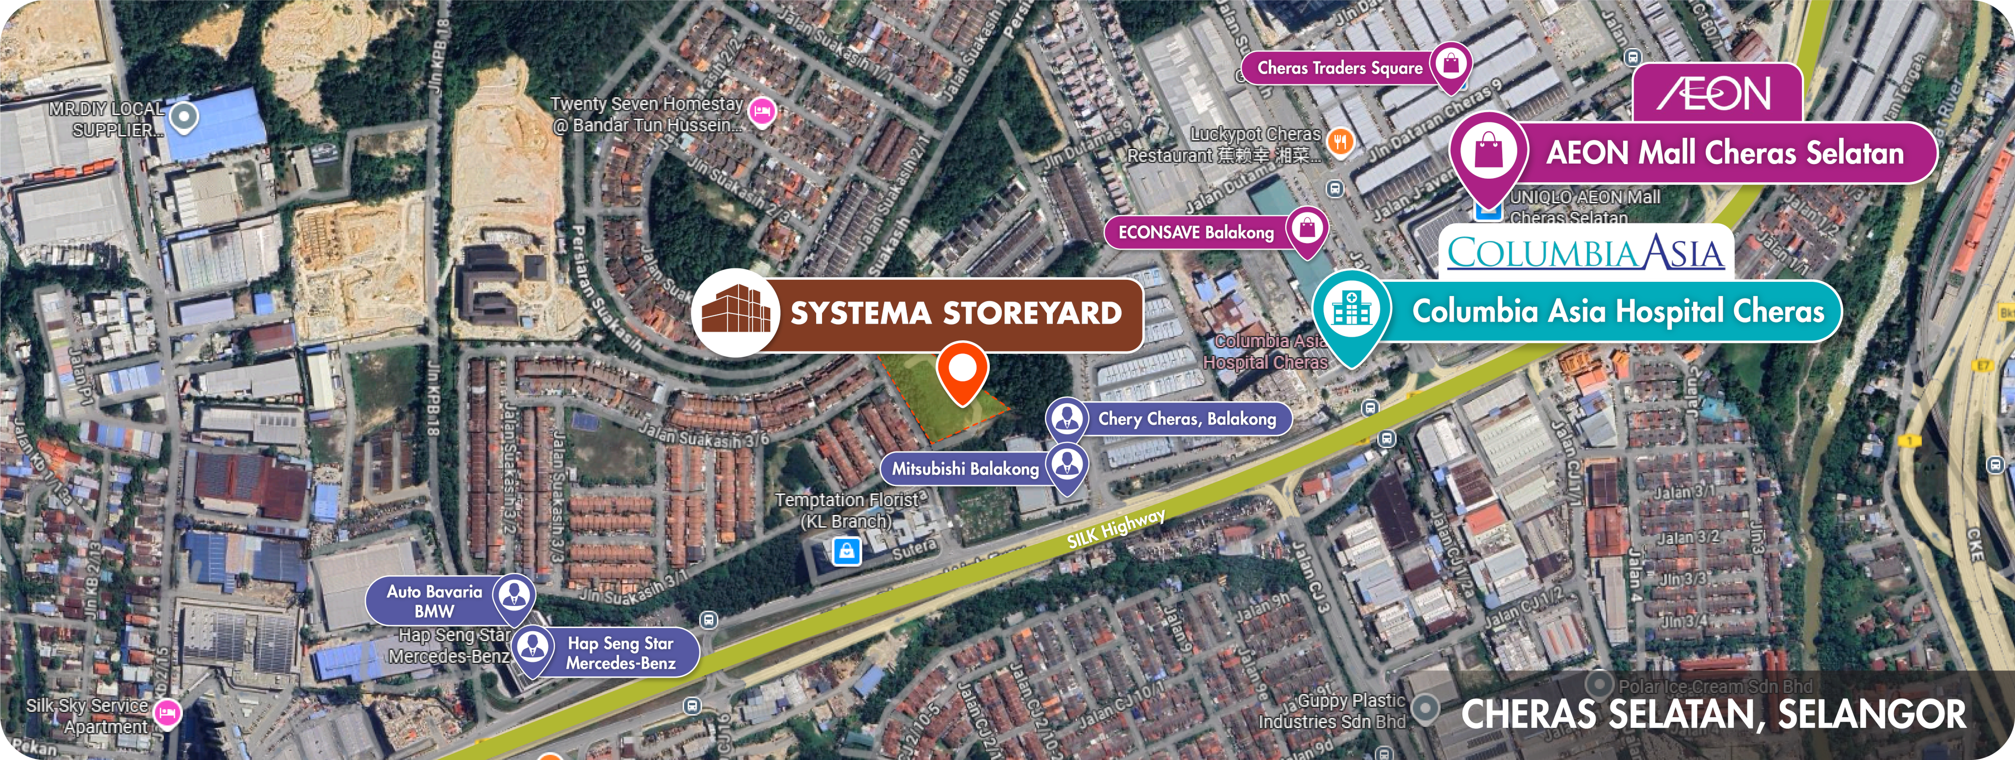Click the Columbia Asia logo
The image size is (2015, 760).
(1586, 253)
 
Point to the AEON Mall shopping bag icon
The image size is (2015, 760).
(1489, 151)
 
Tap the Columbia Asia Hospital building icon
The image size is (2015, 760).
(1351, 310)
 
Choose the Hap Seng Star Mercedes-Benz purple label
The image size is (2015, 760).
(620, 653)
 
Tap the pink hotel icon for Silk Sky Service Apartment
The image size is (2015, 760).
(167, 712)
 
